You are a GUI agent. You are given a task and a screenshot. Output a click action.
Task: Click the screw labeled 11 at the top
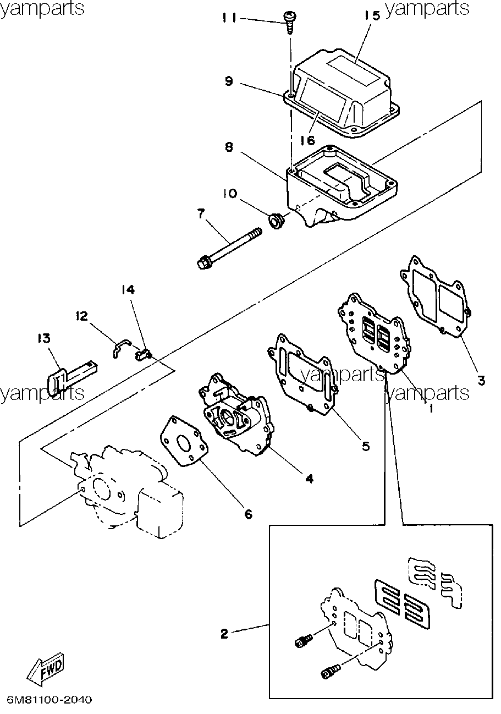[289, 23]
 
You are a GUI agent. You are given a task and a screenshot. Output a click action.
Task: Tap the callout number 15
[372, 15]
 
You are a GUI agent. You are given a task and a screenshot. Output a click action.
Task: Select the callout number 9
[229, 81]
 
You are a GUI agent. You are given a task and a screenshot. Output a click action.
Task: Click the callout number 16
[308, 140]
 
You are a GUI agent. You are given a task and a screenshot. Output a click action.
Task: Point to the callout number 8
[229, 147]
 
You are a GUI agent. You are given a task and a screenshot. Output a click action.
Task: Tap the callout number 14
[128, 289]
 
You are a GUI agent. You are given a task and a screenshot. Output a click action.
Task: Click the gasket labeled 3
[436, 297]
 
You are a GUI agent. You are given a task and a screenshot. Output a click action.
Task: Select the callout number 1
[431, 408]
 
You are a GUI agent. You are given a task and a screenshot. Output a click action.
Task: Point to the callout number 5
[366, 446]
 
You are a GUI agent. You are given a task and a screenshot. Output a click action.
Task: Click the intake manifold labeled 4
[236, 414]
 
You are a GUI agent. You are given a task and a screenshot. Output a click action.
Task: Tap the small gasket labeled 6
[184, 442]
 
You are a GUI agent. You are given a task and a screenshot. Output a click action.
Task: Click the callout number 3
[481, 380]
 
